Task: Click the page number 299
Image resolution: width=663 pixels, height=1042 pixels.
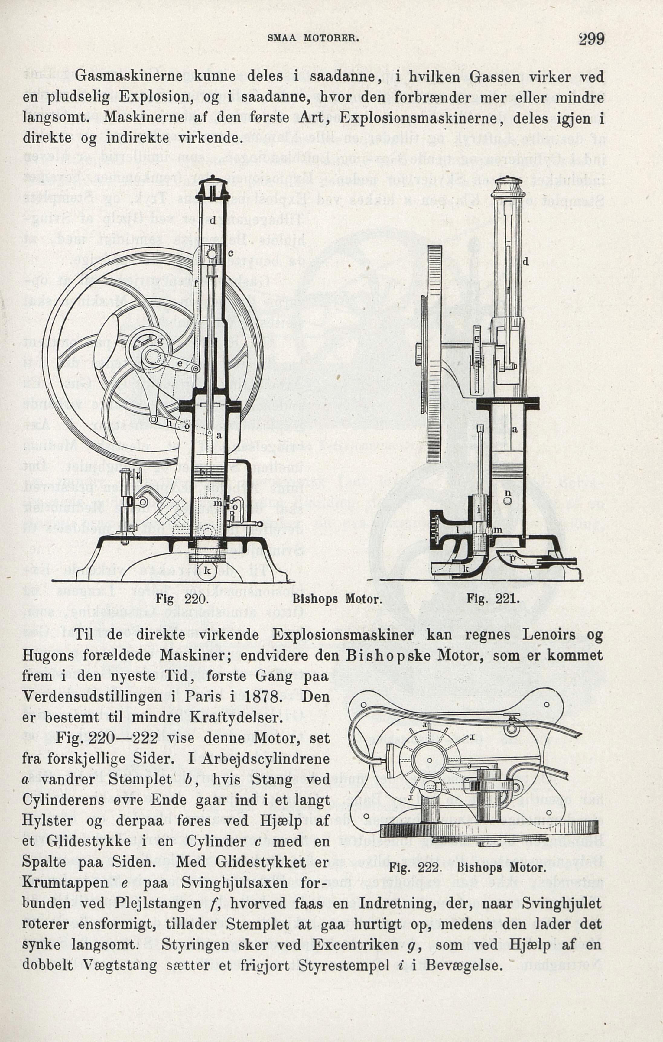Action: [x=591, y=39]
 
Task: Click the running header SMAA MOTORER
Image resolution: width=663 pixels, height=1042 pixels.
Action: [x=314, y=38]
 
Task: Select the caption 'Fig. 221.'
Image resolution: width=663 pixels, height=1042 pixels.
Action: [x=492, y=600]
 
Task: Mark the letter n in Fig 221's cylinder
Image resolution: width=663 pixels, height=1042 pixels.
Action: [x=507, y=493]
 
